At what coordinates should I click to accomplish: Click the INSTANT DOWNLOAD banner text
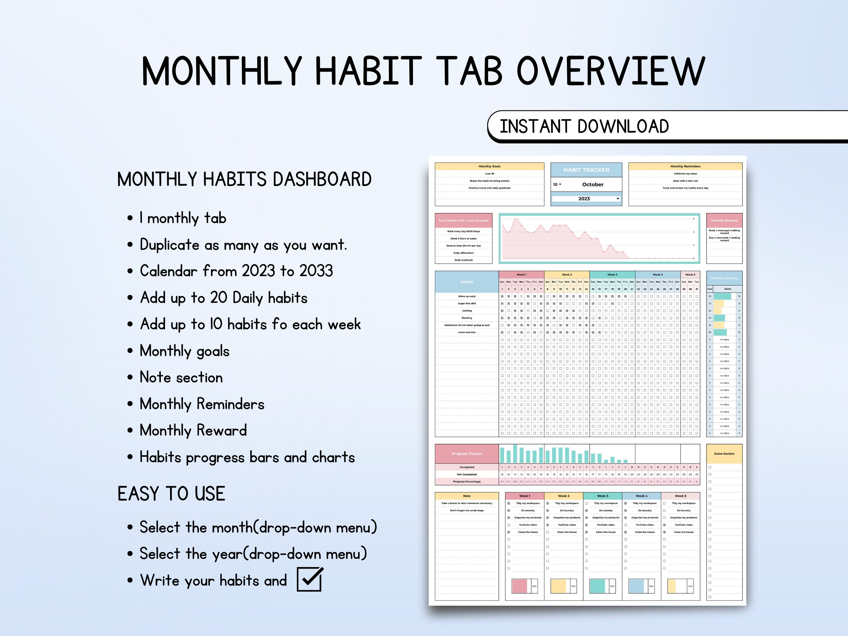584,127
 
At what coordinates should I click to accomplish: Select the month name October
593,184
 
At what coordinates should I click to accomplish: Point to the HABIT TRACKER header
586,170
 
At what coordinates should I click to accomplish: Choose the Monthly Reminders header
685,166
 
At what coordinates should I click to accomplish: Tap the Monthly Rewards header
724,220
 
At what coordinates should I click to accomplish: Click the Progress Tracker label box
466,453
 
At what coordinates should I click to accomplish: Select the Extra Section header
724,453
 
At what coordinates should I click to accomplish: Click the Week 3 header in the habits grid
612,274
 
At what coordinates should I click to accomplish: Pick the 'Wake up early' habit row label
466,296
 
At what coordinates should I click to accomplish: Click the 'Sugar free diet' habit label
466,303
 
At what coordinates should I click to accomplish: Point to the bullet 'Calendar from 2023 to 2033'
236,271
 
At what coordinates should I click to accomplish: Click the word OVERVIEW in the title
611,71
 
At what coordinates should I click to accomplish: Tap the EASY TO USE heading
171,494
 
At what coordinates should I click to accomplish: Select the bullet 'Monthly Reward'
193,431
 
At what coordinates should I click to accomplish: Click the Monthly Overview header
724,278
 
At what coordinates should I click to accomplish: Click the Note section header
466,496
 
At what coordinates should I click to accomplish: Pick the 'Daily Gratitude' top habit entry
464,260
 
